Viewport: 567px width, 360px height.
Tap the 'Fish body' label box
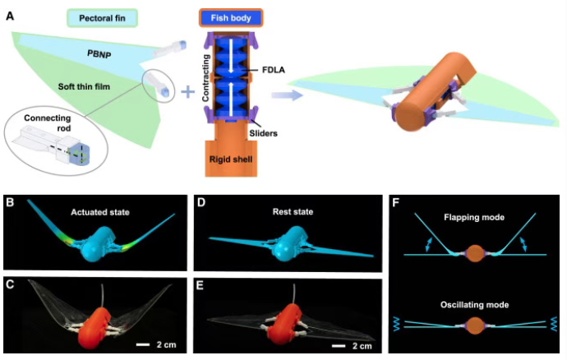pyautogui.click(x=231, y=16)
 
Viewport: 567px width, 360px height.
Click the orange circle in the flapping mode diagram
pyautogui.click(x=474, y=253)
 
